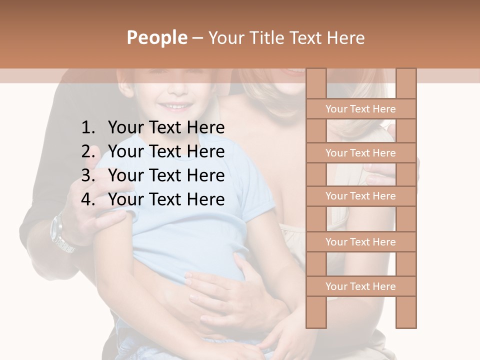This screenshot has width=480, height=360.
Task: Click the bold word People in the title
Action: point(156,37)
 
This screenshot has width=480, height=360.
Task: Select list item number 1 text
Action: point(166,128)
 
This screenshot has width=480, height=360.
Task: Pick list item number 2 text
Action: point(166,151)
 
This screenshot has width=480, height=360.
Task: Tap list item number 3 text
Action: point(166,175)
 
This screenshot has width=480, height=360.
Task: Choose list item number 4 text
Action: point(166,199)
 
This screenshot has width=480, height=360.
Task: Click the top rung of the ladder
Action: point(360,109)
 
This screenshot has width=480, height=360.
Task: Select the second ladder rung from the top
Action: point(360,153)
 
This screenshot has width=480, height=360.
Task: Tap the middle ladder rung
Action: point(360,196)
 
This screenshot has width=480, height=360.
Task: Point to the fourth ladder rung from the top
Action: point(360,242)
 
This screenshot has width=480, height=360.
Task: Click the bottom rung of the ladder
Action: point(360,286)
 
